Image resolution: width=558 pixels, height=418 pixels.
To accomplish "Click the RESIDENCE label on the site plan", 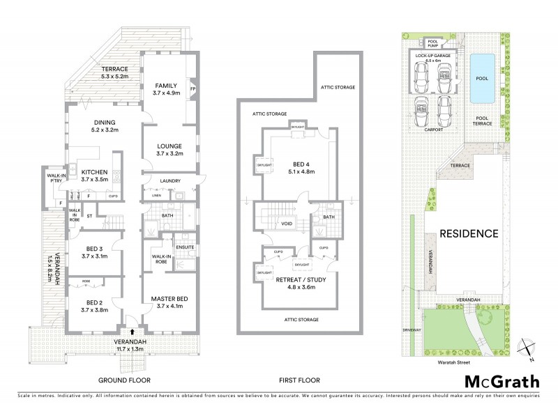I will (x=468, y=233).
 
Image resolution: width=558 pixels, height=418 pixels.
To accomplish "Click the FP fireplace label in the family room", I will (x=193, y=88).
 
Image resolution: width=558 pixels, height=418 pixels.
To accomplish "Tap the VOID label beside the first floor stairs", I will (x=286, y=224).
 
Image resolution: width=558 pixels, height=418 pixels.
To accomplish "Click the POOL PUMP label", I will (x=432, y=42).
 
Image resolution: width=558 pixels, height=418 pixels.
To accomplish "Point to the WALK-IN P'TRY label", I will (x=56, y=178).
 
